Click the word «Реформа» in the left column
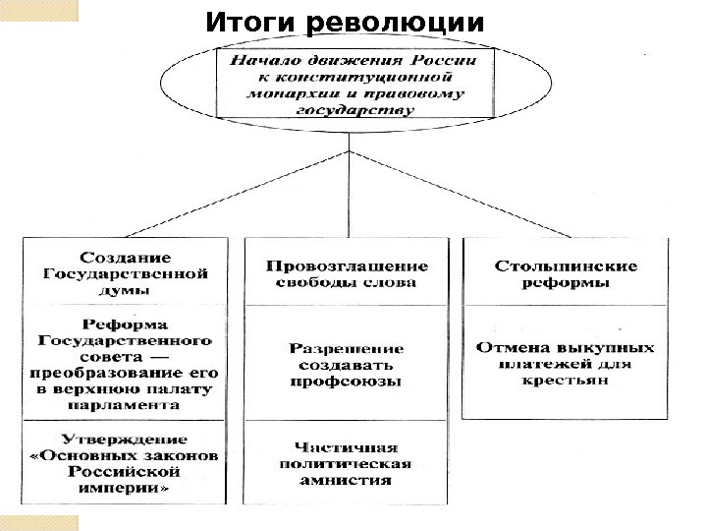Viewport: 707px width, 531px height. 124,324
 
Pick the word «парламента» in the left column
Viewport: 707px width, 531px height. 125,403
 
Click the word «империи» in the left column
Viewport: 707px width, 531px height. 125,487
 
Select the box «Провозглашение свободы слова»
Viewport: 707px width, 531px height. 348,273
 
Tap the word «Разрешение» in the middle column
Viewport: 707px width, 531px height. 348,348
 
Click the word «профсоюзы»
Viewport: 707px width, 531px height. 348,383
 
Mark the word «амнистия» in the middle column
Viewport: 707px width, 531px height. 348,481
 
